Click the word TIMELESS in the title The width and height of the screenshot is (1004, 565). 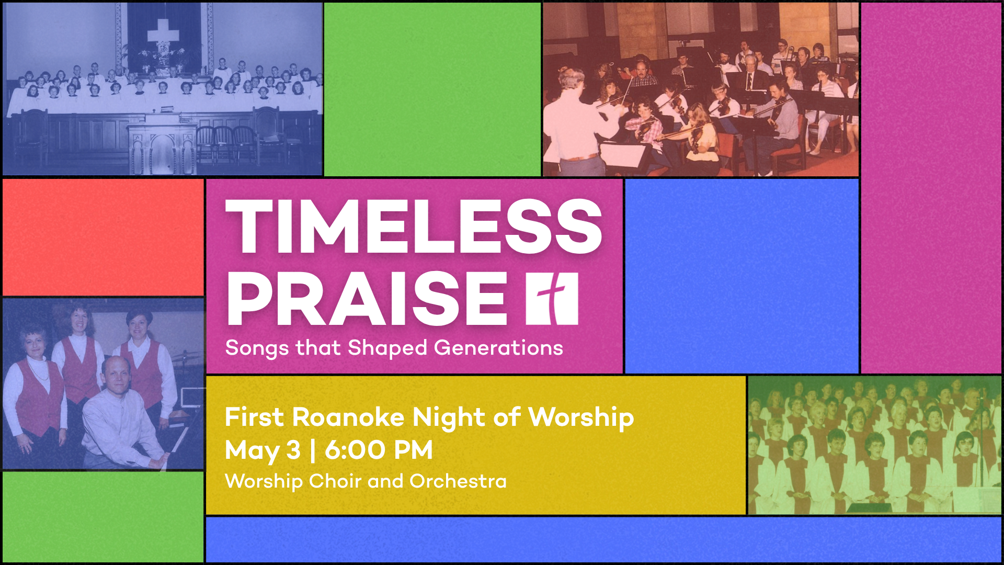(x=414, y=227)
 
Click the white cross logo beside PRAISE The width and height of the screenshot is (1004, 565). (x=552, y=299)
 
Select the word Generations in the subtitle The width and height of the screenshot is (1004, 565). (x=498, y=348)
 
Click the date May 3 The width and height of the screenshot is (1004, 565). (x=263, y=450)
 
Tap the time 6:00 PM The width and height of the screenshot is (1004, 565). (x=379, y=450)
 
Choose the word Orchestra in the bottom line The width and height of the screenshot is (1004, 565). (x=458, y=481)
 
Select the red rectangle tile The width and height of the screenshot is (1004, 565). (x=103, y=238)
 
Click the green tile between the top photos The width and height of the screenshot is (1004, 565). (x=432, y=89)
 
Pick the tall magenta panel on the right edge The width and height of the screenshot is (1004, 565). (x=931, y=188)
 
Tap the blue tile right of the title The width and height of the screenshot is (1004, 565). (x=741, y=276)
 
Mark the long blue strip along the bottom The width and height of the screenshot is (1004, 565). (x=603, y=539)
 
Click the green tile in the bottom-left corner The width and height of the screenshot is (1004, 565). (x=103, y=517)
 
